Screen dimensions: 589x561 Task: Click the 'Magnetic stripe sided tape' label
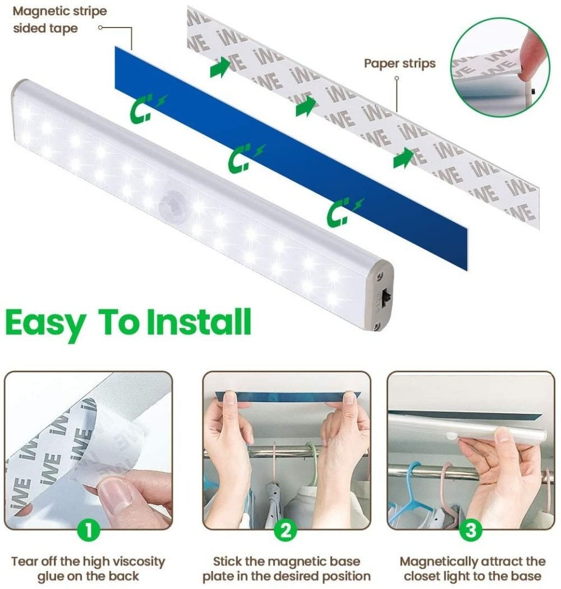click(x=59, y=20)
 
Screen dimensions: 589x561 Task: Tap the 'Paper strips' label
click(x=399, y=63)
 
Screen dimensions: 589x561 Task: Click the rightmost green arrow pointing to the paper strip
click(x=403, y=159)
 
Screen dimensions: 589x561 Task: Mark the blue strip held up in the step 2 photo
click(x=286, y=396)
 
